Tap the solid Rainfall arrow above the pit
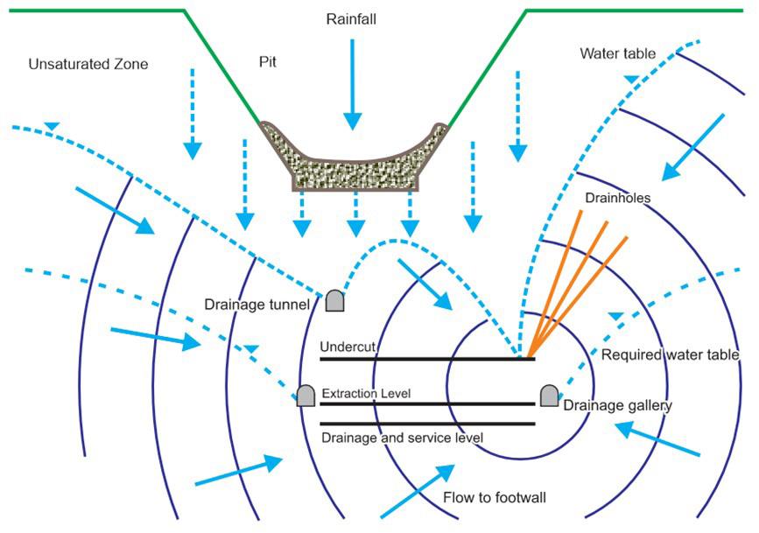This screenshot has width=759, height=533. (x=352, y=83)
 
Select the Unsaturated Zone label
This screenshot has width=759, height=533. (x=88, y=64)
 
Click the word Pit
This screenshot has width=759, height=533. (x=268, y=63)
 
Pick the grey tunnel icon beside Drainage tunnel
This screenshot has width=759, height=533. (x=334, y=300)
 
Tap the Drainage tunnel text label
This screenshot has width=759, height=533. (x=257, y=305)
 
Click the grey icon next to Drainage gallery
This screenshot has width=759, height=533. (x=549, y=395)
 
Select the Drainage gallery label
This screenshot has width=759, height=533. (x=616, y=405)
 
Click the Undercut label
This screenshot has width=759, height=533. (x=348, y=347)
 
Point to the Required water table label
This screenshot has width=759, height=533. (x=671, y=355)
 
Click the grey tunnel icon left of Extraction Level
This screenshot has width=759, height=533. (x=306, y=395)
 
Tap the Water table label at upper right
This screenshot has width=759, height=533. (x=617, y=53)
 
